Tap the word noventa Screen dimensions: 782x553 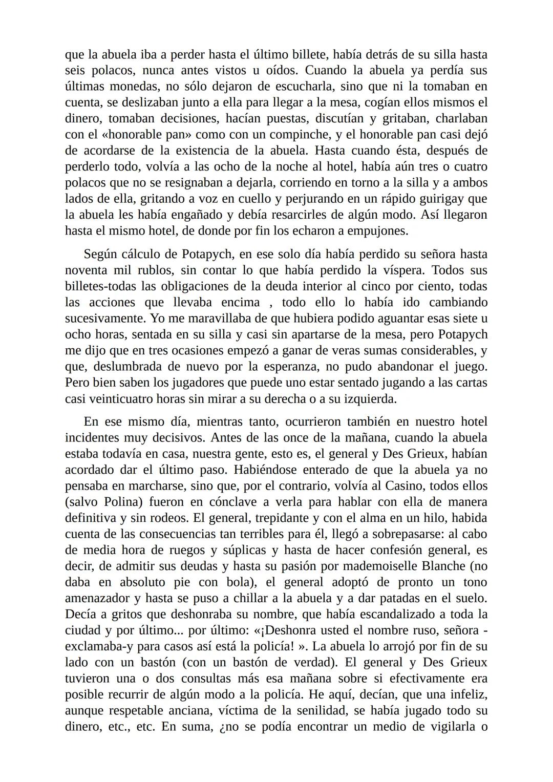pos(86,270)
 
